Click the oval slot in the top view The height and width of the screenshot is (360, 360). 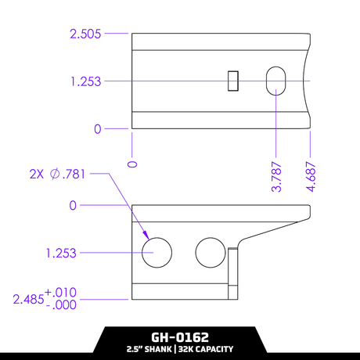click(x=276, y=81)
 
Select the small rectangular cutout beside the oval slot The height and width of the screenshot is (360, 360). click(x=232, y=81)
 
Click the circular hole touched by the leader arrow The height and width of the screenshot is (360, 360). click(x=157, y=252)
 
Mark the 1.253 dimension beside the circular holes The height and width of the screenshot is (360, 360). click(x=62, y=253)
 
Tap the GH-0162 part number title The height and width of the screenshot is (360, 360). click(x=179, y=337)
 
